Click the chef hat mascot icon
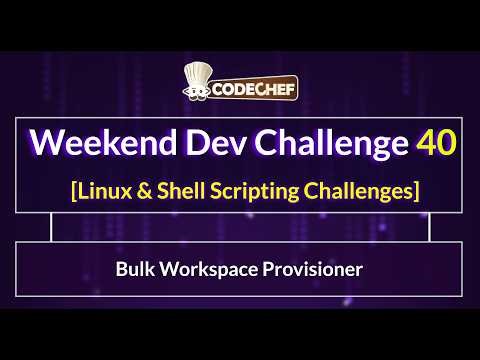(196, 79)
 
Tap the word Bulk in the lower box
(135, 269)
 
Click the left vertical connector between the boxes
(51, 228)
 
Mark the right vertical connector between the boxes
(429, 228)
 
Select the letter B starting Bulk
(121, 269)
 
